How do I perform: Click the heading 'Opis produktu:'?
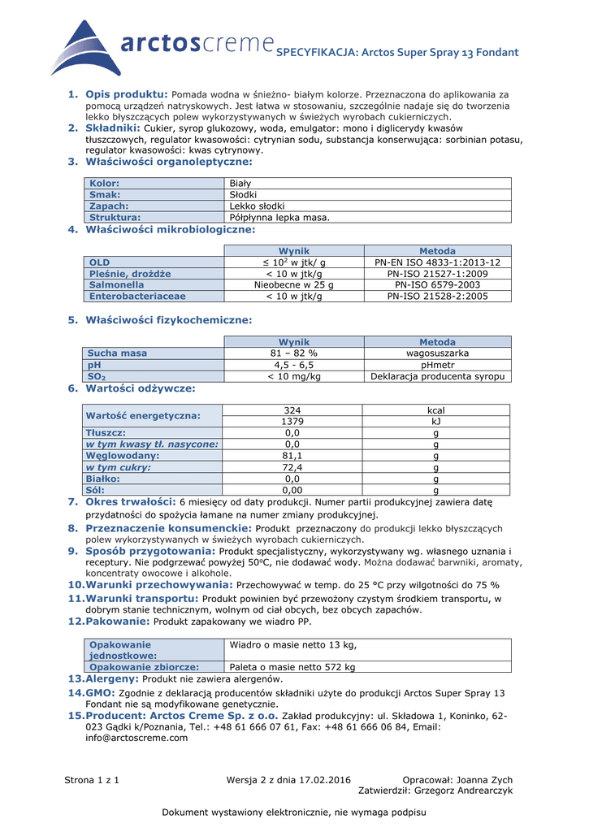[x=126, y=94]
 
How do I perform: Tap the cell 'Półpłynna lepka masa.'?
[x=280, y=218]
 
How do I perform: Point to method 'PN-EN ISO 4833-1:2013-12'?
[x=437, y=262]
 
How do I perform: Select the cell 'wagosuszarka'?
[x=437, y=353]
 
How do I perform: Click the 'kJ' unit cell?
[x=436, y=422]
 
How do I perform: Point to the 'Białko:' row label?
[x=106, y=479]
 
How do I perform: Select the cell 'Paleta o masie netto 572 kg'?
[x=293, y=667]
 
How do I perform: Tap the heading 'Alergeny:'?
[x=112, y=678]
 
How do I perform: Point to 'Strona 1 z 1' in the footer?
[x=92, y=780]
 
